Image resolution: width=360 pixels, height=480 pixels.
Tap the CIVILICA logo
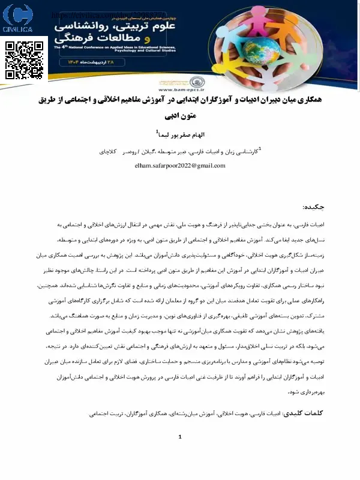point(19,19)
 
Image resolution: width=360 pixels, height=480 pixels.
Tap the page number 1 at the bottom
point(180,454)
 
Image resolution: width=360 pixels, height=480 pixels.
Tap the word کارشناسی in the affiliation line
point(244,152)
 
